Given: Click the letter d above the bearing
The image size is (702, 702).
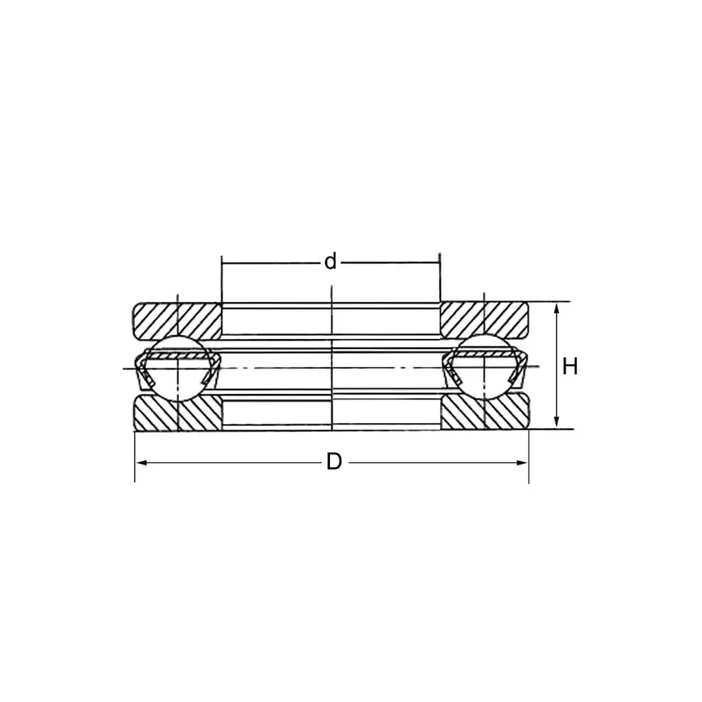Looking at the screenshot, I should (330, 263).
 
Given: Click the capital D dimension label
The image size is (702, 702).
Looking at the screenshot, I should (334, 462).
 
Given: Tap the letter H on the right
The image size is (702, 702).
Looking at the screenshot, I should (570, 366).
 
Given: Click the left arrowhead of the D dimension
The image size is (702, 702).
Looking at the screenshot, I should (139, 462).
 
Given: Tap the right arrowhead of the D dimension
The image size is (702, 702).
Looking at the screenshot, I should (523, 462).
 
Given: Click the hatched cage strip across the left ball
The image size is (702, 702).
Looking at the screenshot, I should (179, 357).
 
